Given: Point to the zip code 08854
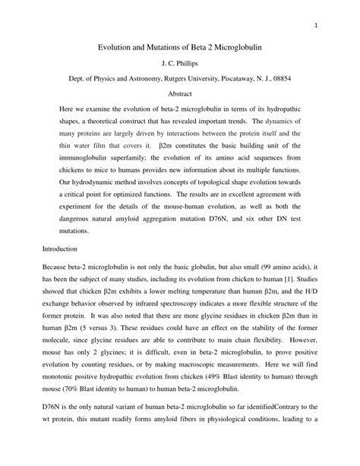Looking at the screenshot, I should point(278,78).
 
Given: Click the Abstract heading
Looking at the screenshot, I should point(179,94).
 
